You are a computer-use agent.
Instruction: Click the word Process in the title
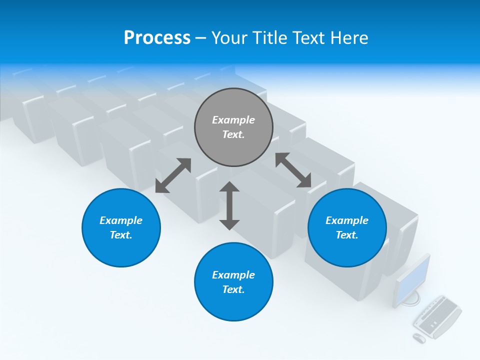pos(157,38)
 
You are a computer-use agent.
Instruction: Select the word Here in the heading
pos(348,38)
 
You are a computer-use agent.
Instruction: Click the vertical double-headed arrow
pos(229,205)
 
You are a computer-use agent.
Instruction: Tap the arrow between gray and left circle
pos(173,175)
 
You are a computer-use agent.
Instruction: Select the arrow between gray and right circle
pos(293,170)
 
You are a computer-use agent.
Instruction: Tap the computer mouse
pos(419,338)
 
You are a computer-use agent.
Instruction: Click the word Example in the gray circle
pos(233,120)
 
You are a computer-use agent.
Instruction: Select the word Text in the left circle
pos(121,235)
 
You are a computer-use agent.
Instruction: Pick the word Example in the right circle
pos(347,220)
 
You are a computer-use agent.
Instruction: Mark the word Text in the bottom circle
pos(233,289)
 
